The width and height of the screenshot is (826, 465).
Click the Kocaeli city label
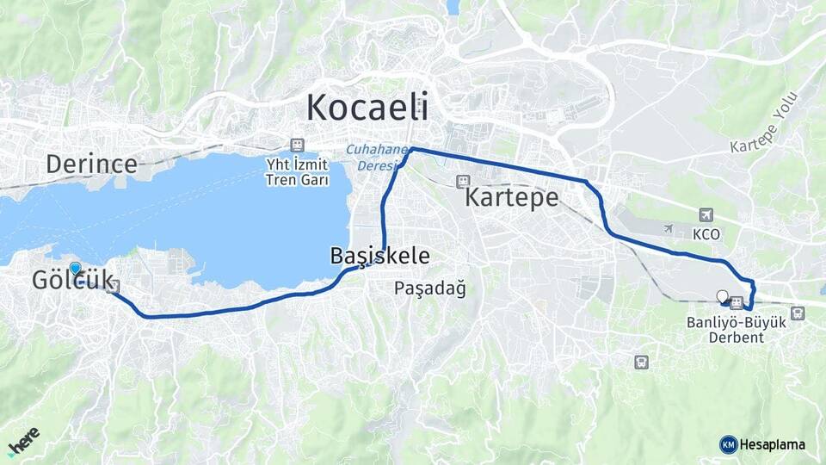pyautogui.click(x=367, y=108)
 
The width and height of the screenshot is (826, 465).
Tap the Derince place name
pyautogui.click(x=92, y=164)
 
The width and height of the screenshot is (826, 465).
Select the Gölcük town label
pyautogui.click(x=72, y=282)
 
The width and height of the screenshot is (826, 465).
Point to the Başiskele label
pyautogui.click(x=379, y=256)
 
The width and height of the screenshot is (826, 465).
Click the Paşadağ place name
pyautogui.click(x=430, y=288)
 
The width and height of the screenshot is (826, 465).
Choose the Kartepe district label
pyautogui.click(x=512, y=198)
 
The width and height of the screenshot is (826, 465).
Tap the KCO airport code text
pyautogui.click(x=706, y=234)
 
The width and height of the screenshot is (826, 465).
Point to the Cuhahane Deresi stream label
pyautogui.click(x=376, y=156)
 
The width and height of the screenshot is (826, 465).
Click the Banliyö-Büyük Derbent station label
pyautogui.click(x=725, y=330)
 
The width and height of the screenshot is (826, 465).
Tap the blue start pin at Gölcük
pyautogui.click(x=76, y=269)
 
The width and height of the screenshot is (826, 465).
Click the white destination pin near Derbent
pyautogui.click(x=722, y=296)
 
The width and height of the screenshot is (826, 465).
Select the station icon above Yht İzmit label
pyautogui.click(x=297, y=144)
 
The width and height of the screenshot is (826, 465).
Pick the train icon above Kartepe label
pyautogui.click(x=463, y=182)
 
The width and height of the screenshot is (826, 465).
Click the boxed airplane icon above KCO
pyautogui.click(x=706, y=214)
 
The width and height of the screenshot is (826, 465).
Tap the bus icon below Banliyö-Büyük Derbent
pyautogui.click(x=640, y=362)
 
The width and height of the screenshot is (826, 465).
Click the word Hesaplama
pyautogui.click(x=772, y=444)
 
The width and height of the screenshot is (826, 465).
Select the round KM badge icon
pyautogui.click(x=728, y=444)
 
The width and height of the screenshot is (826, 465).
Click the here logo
pyautogui.click(x=24, y=441)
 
